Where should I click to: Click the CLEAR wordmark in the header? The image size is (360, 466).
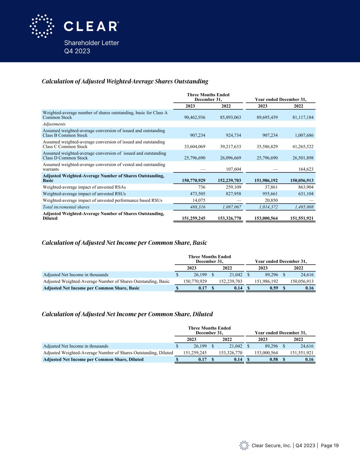tap(91, 26)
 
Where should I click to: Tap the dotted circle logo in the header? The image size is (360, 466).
tap(42, 26)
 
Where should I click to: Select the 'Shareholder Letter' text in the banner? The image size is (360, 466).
tap(91, 43)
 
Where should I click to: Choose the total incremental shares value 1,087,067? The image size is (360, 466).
tap(229, 207)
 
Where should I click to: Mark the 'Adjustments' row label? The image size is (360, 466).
tap(54, 124)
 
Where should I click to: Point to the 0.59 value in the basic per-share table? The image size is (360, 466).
tap(272, 288)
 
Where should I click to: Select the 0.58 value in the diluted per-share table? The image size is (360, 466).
tap(272, 359)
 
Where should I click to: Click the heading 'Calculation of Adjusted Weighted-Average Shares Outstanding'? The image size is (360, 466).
tap(125, 82)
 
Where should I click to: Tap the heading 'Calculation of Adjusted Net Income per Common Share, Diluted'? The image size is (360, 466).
tap(127, 314)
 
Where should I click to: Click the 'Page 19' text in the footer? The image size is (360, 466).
tap(330, 446)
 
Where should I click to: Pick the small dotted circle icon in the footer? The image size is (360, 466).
tap(244, 446)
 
